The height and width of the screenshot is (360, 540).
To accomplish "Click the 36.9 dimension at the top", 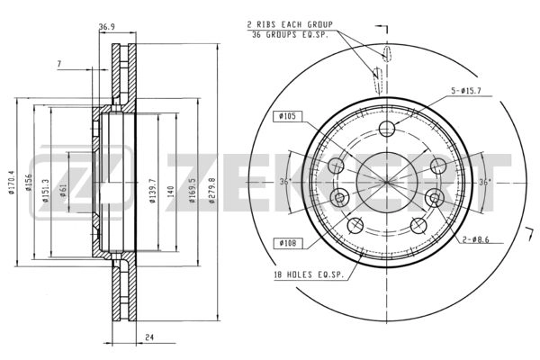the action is pyautogui.click(x=107, y=27).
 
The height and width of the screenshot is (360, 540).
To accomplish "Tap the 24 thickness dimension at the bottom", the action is pyautogui.click(x=149, y=337).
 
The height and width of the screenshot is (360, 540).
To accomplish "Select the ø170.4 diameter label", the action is pyautogui.click(x=12, y=183).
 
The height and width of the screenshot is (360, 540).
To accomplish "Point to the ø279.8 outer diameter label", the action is pyautogui.click(x=212, y=190).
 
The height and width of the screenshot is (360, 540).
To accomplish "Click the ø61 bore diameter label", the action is pyautogui.click(x=63, y=190).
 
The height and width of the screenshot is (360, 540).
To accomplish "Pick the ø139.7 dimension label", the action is pyautogui.click(x=153, y=191).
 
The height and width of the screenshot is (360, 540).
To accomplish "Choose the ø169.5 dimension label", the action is pyautogui.click(x=193, y=190).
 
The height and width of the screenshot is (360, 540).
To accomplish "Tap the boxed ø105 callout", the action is pyautogui.click(x=288, y=116).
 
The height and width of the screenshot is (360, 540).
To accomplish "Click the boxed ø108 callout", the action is pyautogui.click(x=288, y=243).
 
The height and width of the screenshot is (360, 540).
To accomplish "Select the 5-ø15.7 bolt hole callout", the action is pyautogui.click(x=466, y=91).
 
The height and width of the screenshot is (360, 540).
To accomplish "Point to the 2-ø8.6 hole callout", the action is pyautogui.click(x=475, y=239).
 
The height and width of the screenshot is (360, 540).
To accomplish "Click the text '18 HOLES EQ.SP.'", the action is pyautogui.click(x=309, y=274).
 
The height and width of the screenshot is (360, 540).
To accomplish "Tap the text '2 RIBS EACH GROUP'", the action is pyautogui.click(x=290, y=25).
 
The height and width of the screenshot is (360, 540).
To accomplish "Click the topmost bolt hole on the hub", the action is pyautogui.click(x=387, y=129).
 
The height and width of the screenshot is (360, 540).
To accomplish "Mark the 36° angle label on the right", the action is pyautogui.click(x=484, y=182).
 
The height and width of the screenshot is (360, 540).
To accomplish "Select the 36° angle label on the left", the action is pyautogui.click(x=285, y=182).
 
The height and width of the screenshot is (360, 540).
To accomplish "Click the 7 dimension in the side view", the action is pyautogui.click(x=59, y=64).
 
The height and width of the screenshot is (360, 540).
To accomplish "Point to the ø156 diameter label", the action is pyautogui.click(x=29, y=182).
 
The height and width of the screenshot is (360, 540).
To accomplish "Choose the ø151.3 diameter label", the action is pyautogui.click(x=46, y=190).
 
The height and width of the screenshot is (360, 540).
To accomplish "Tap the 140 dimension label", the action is pyautogui.click(x=171, y=192).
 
